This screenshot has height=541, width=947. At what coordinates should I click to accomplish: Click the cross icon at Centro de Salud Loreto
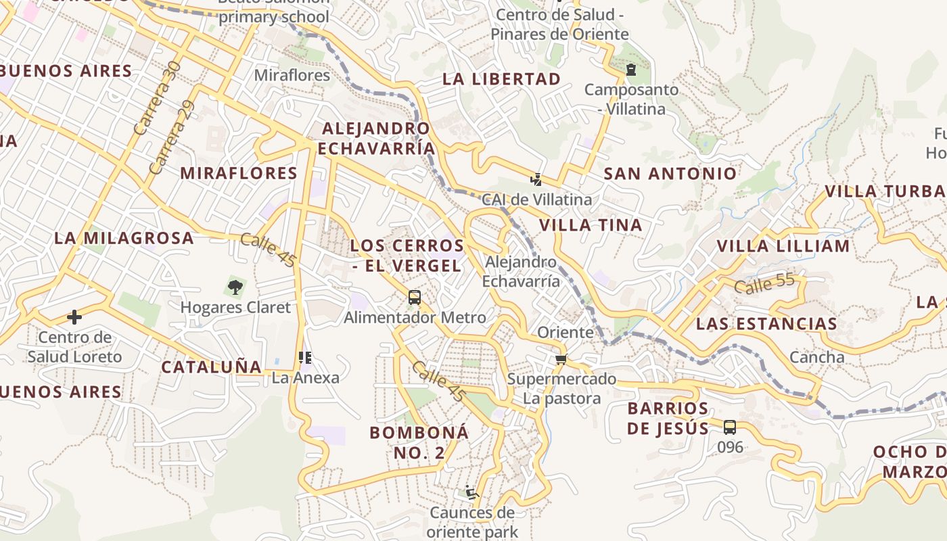(x=74, y=316)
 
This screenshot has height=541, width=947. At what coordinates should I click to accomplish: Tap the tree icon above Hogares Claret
(x=235, y=288)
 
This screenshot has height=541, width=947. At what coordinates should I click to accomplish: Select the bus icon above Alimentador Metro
(x=415, y=298)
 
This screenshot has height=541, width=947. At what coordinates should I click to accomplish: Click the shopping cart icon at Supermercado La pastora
(x=560, y=359)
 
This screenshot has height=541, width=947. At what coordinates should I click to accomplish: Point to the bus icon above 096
(x=729, y=427)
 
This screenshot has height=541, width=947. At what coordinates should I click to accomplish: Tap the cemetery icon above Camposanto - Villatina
(x=631, y=70)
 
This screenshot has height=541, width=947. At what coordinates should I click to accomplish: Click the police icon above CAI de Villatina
(x=536, y=179)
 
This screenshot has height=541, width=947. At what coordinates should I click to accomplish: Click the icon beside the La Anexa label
(x=304, y=357)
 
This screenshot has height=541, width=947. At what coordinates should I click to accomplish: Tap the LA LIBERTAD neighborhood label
(x=502, y=79)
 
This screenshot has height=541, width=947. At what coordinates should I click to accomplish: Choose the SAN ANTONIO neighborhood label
(x=670, y=174)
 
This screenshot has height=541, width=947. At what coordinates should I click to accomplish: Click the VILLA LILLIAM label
(x=783, y=246)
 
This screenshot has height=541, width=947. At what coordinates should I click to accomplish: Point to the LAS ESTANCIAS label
(x=766, y=324)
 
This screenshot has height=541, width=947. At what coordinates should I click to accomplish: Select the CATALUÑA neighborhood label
(x=211, y=367)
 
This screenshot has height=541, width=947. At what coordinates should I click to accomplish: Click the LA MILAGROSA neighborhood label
(x=124, y=238)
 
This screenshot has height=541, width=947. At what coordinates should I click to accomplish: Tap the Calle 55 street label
(x=764, y=284)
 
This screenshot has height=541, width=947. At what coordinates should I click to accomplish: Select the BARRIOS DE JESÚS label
(x=668, y=419)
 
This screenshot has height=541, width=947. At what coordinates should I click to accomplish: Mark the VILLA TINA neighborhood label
(x=591, y=225)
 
